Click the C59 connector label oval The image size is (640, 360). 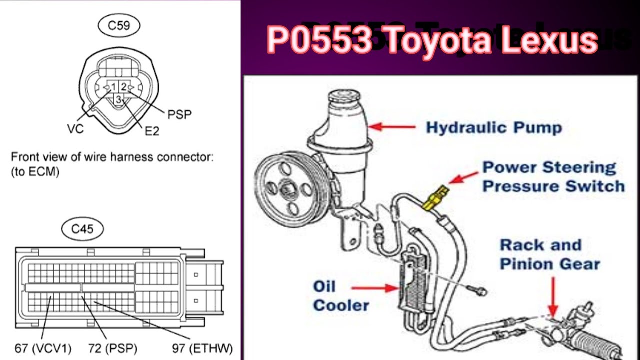coord(119,26)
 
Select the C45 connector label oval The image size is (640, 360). coord(82,229)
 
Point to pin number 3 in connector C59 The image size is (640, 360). coord(119,99)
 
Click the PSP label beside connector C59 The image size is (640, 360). coord(179,115)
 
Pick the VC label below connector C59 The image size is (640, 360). coord(75,129)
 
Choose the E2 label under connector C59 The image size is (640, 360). coord(152,131)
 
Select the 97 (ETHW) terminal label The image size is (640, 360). coord(202,348)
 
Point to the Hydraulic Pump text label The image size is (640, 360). coord(494,128)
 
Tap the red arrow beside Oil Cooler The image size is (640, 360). coord(375,288)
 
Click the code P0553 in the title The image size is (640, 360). coord(320,40)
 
